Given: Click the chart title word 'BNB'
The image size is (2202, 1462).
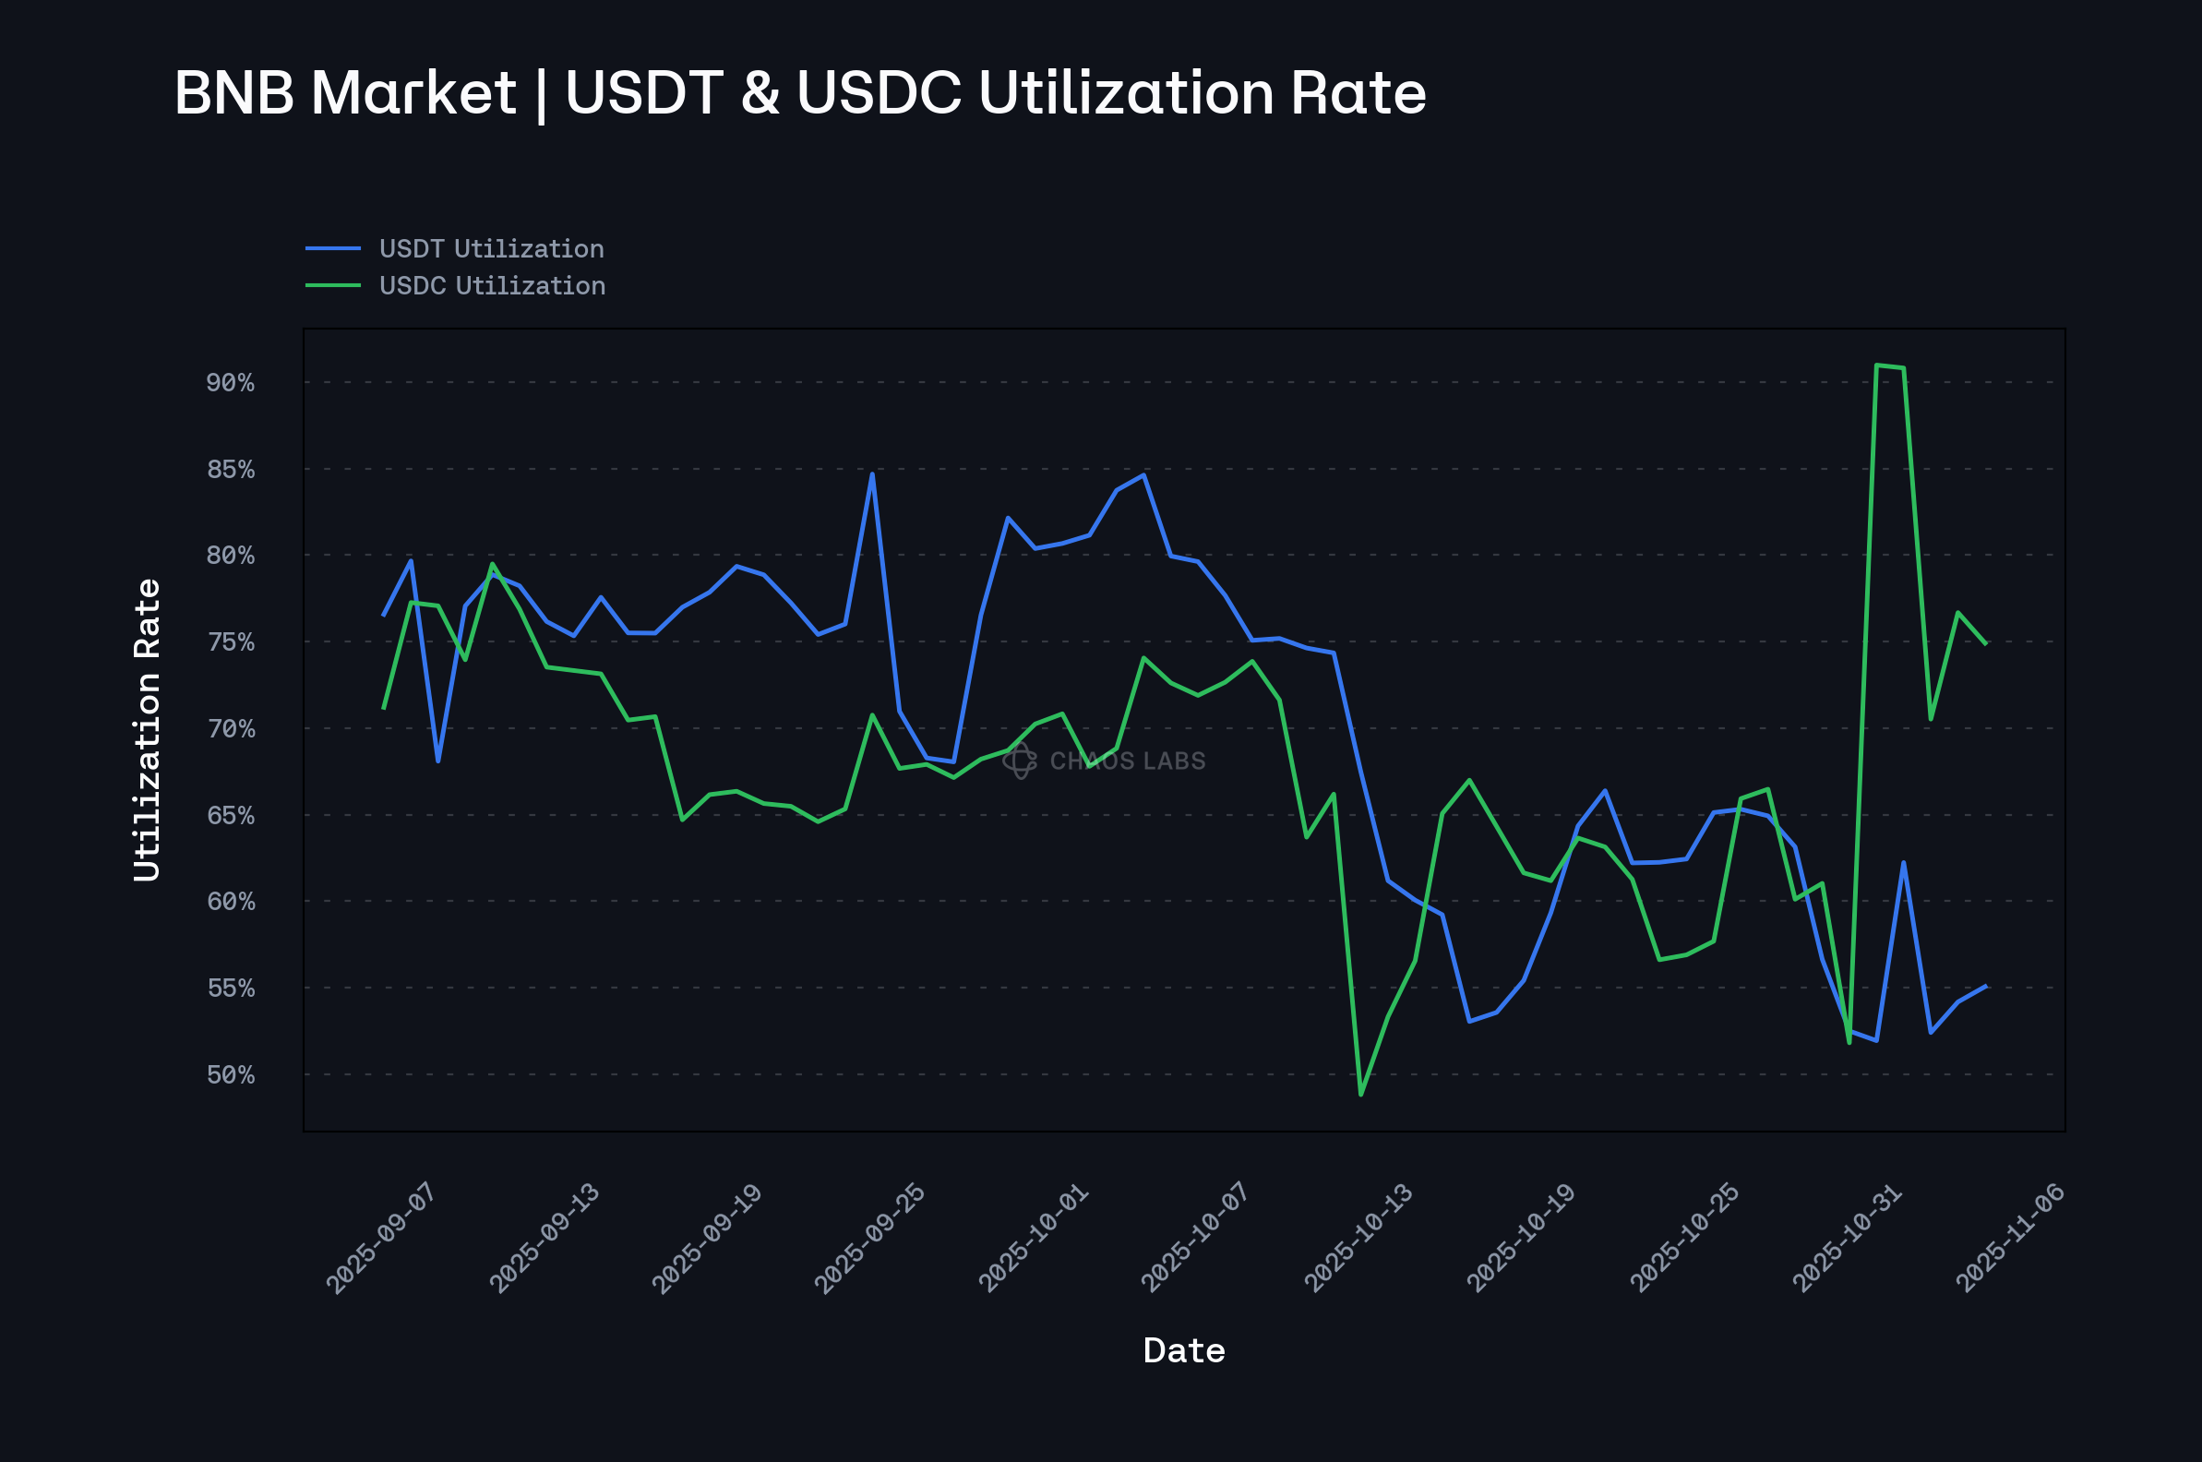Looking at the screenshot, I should pos(234,93).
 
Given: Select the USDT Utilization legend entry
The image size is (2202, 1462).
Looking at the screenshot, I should pos(491,249).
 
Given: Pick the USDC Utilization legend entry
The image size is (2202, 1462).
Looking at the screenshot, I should pos(492,286).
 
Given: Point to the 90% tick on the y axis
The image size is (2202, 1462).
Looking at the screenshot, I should pos(231,382).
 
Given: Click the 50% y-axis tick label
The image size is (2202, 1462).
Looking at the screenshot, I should pos(231,1075).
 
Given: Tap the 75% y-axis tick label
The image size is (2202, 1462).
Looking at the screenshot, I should pos(231,642).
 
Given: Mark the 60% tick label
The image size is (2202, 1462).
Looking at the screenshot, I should pos(231,902).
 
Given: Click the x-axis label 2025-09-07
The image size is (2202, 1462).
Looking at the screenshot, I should pos(381,1238).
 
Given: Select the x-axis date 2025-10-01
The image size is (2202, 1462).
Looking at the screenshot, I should pos(1033,1238).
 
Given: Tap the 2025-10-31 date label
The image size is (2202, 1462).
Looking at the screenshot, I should pos(1848,1238).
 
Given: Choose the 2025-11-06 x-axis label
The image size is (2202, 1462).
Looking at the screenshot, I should pos(2011,1238).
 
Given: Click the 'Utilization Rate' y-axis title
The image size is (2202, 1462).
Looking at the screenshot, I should pos(148,729).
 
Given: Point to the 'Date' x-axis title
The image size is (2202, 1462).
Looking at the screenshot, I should pos(1184,1351).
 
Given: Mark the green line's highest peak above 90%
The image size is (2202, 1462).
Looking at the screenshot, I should pos(1876,365).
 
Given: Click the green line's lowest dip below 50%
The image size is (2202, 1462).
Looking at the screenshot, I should pos(1361,1095).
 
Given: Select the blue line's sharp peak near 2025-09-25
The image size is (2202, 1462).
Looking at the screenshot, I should pos(872,473).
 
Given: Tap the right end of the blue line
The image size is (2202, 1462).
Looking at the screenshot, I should pos(1987,986).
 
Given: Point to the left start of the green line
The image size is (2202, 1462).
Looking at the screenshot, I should pos(383,709).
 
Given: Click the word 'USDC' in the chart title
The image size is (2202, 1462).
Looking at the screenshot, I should pos(879,93).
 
